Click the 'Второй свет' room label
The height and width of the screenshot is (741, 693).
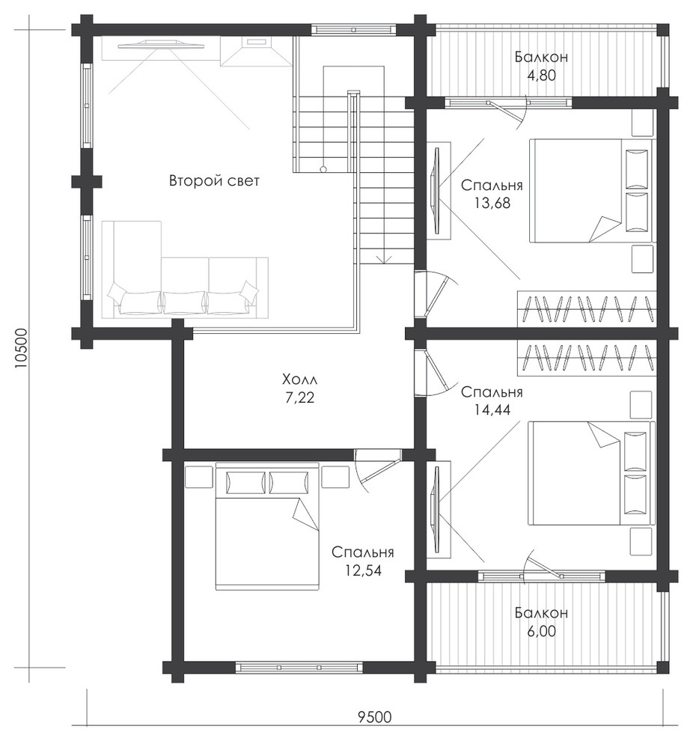click(x=214, y=181)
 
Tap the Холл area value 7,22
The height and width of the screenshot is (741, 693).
click(x=299, y=398)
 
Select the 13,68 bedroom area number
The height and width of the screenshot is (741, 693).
click(x=492, y=203)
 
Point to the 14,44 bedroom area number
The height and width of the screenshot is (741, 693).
click(x=492, y=409)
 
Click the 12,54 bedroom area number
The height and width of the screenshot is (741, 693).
click(x=363, y=570)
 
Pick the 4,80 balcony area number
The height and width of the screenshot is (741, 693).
click(x=541, y=75)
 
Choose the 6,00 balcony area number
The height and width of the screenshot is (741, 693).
click(x=541, y=631)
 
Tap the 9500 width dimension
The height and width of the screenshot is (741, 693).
click(x=375, y=731)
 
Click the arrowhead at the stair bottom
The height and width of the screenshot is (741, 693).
click(x=385, y=260)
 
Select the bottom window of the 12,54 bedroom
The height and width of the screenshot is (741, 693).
click(x=299, y=667)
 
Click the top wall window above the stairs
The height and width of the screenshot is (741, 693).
click(x=354, y=29)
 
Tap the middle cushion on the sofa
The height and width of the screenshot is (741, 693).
click(x=184, y=302)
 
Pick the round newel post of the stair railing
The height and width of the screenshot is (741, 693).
click(x=323, y=168)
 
